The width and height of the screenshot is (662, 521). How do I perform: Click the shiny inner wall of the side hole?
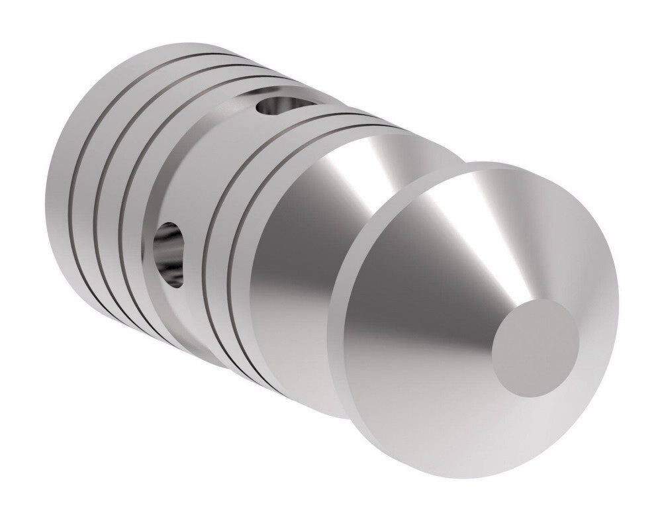173,265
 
